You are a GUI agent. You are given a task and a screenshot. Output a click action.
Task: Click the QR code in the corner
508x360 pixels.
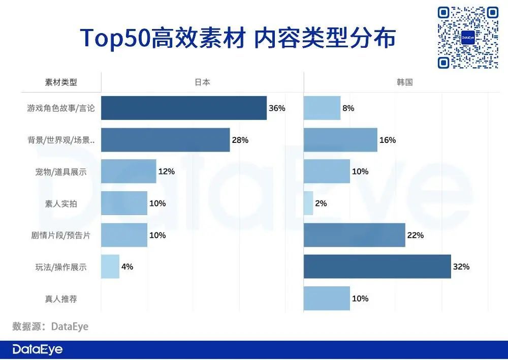(x=468, y=38)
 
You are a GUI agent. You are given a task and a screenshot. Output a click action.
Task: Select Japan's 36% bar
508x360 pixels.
(x=184, y=108)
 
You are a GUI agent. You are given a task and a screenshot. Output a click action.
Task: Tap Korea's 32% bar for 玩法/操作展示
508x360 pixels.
(x=377, y=266)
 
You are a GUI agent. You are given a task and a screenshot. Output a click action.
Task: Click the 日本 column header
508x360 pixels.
(x=202, y=82)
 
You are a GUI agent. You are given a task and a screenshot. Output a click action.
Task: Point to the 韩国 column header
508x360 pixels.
(x=405, y=82)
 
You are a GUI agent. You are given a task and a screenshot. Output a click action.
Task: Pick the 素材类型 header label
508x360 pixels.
(x=61, y=82)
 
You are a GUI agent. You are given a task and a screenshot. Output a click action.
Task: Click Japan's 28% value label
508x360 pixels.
(x=240, y=140)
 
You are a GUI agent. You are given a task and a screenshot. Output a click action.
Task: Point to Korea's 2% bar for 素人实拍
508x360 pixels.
(x=308, y=203)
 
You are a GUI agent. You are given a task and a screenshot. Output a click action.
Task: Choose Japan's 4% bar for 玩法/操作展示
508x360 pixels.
(x=110, y=266)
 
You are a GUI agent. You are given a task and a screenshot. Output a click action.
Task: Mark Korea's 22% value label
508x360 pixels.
(x=416, y=235)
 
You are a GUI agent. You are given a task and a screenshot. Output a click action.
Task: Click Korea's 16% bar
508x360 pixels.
(x=340, y=140)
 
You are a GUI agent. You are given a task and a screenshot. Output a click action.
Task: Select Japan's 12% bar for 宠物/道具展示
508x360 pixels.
(x=129, y=171)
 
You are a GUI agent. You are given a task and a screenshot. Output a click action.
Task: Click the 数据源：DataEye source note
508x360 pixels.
(x=50, y=326)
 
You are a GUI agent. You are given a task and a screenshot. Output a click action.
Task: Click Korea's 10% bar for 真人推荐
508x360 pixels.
(x=327, y=298)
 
